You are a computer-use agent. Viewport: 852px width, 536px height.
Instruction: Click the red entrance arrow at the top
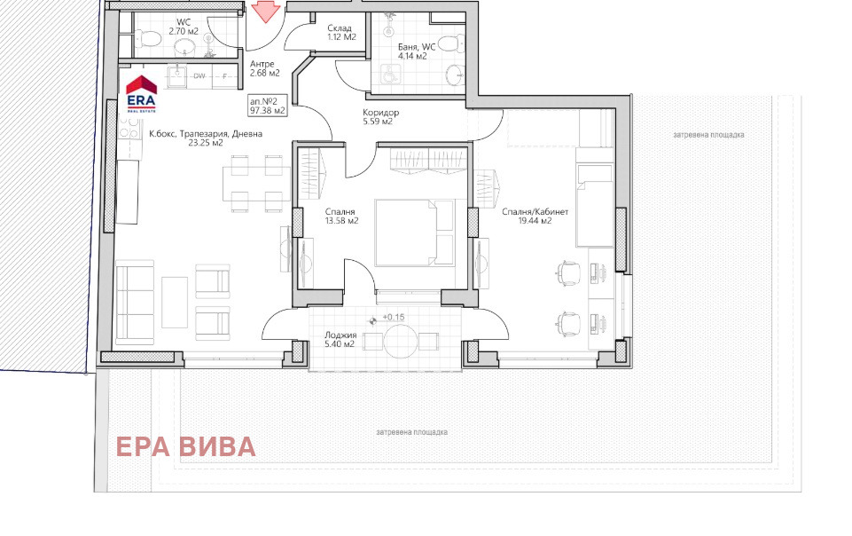(265, 11)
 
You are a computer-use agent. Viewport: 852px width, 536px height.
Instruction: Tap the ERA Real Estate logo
(141, 94)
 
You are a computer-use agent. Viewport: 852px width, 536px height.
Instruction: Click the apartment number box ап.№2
(268, 106)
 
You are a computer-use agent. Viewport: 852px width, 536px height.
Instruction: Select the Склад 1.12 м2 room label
(341, 33)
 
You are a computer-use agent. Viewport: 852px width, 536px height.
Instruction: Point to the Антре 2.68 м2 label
(264, 68)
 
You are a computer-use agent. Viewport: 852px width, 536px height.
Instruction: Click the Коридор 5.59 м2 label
(380, 117)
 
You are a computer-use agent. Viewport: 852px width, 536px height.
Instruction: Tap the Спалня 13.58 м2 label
(342, 217)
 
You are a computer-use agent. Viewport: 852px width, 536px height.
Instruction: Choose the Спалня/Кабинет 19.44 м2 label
(535, 217)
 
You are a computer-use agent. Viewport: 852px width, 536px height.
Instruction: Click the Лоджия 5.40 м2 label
(340, 340)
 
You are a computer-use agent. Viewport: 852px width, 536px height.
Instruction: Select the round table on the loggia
(401, 341)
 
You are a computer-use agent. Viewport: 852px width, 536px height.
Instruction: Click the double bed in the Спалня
(414, 233)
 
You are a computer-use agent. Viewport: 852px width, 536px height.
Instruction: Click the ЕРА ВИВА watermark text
(186, 447)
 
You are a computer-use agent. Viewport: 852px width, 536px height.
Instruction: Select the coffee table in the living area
(175, 303)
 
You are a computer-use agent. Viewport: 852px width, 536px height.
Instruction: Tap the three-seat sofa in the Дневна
(135, 303)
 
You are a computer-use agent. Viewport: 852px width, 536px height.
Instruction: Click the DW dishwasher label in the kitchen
(199, 76)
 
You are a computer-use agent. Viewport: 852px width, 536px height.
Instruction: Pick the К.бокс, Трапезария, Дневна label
(206, 138)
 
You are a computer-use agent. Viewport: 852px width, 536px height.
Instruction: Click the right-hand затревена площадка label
(708, 135)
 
